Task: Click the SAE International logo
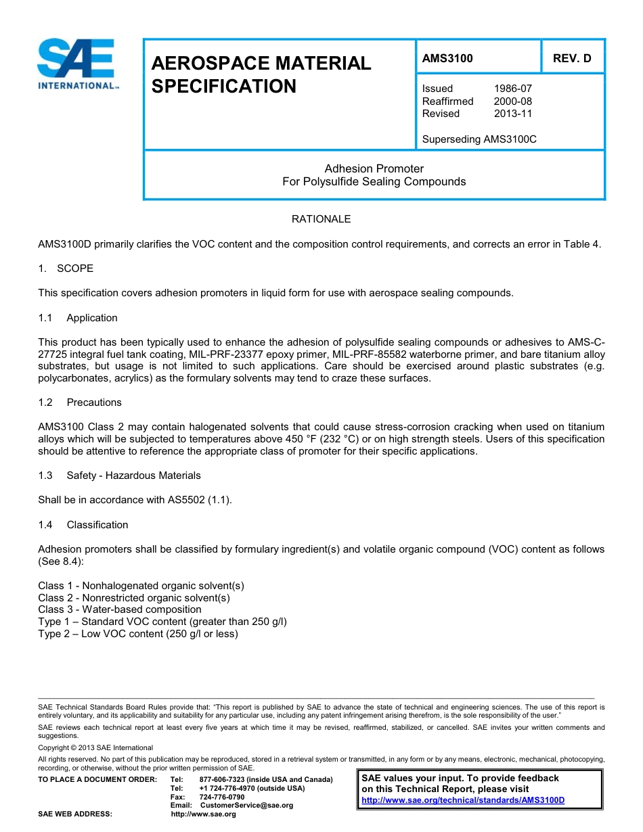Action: pyautogui.click(x=77, y=64)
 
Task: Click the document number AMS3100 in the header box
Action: pyautogui.click(x=447, y=58)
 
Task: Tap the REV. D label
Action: pyautogui.click(x=572, y=58)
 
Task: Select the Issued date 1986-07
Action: pyautogui.click(x=513, y=89)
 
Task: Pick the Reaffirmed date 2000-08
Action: pyautogui.click(x=513, y=101)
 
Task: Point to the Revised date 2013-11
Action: pyautogui.click(x=513, y=114)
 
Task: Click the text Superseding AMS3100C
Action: pyautogui.click(x=479, y=139)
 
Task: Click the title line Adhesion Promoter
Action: pyautogui.click(x=374, y=168)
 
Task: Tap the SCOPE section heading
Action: pyautogui.click(x=74, y=269)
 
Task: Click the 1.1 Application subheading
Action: pyautogui.click(x=91, y=318)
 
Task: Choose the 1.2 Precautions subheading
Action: pyautogui.click(x=93, y=402)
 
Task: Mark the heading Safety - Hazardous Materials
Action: pyautogui.click(x=133, y=476)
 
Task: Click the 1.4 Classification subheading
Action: pyautogui.click(x=97, y=525)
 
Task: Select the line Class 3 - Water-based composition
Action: pyautogui.click(x=120, y=609)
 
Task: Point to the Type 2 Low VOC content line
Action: pyautogui.click(x=138, y=634)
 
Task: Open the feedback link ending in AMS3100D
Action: pyautogui.click(x=463, y=800)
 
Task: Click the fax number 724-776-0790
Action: pyautogui.click(x=222, y=797)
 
